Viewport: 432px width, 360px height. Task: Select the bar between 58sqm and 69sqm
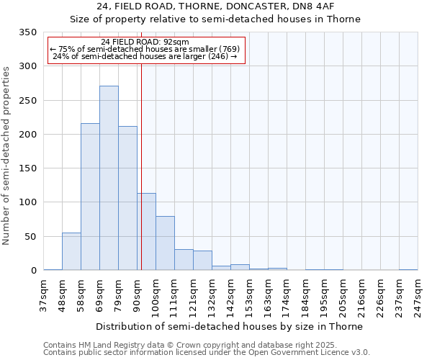[90, 197]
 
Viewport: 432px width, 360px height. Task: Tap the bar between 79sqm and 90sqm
[127, 199]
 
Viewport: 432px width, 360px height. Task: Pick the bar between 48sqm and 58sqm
[71, 252]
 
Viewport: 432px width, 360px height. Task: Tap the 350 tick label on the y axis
[28, 32]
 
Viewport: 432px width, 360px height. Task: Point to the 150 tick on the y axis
[28, 168]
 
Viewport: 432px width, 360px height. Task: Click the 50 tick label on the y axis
[31, 237]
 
